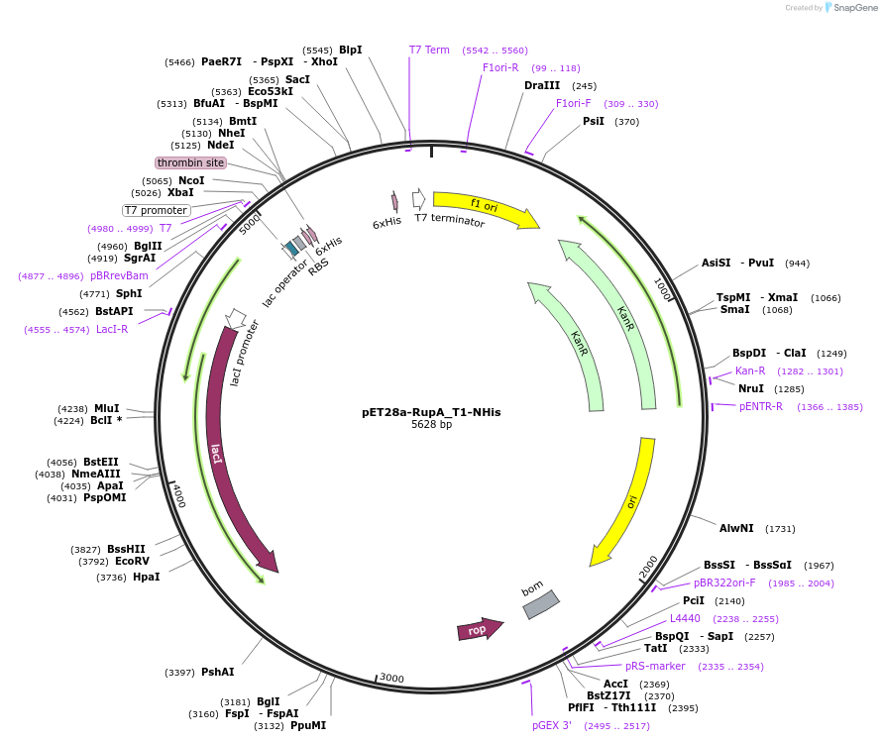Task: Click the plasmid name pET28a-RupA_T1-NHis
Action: coord(431,411)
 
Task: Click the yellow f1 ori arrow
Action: coord(486,207)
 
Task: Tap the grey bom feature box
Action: coord(541,604)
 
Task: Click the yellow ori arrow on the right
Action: coord(629,505)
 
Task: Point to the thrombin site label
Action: coord(190,162)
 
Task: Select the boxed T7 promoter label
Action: coord(156,210)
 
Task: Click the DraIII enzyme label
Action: coord(542,85)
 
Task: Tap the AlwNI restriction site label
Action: coord(736,528)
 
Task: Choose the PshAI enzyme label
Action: coord(218,672)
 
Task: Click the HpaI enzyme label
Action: coord(146,577)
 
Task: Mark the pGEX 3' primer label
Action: coord(552,725)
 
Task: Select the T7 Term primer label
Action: coord(429,50)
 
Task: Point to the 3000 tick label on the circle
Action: coord(392,678)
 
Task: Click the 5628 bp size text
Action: coord(431,424)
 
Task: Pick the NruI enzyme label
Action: coord(750,388)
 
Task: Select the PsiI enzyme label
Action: coord(594,121)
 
